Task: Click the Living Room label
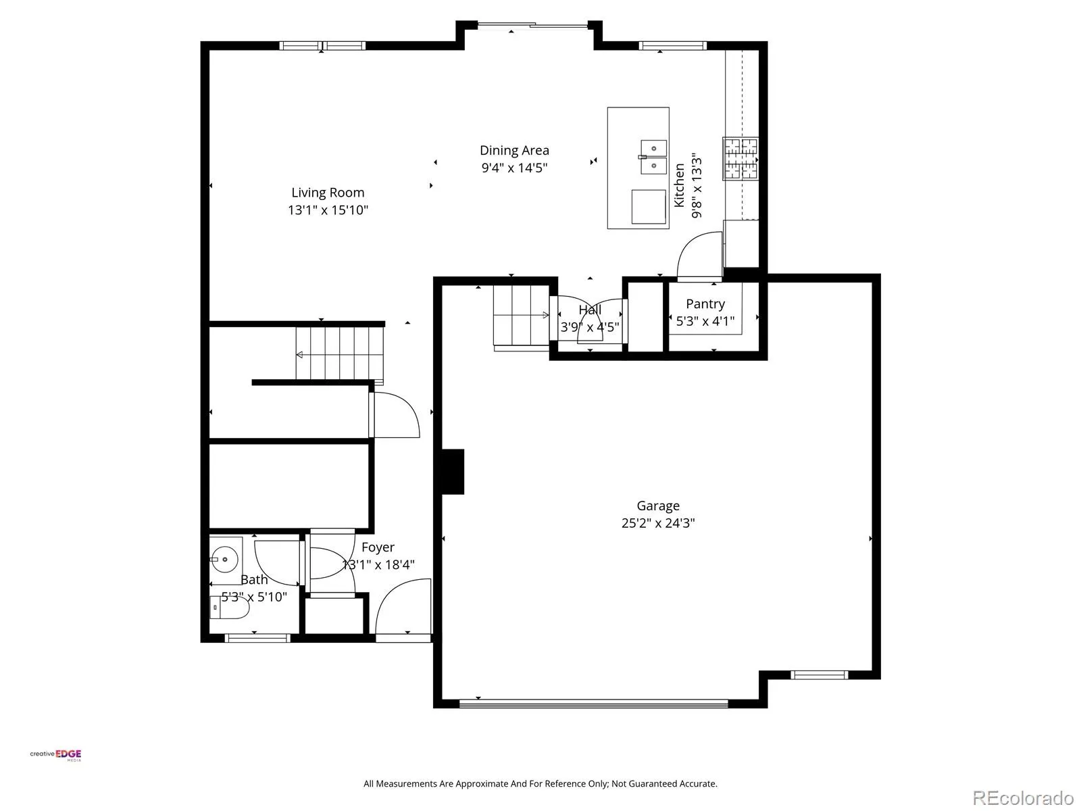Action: (328, 193)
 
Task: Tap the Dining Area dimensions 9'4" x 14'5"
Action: (514, 168)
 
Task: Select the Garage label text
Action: (658, 506)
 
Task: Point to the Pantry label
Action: (705, 304)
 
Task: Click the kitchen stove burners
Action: (740, 159)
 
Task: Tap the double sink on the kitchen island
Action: (653, 157)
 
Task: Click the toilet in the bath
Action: (230, 608)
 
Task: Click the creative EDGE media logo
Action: (55, 755)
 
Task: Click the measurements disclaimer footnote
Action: (540, 784)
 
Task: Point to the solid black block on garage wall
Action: (453, 471)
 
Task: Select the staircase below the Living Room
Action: (339, 353)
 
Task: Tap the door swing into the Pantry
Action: (700, 255)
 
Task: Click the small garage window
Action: (819, 675)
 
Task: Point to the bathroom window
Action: (257, 638)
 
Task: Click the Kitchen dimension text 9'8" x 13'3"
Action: (697, 188)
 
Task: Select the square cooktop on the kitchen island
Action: (649, 206)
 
